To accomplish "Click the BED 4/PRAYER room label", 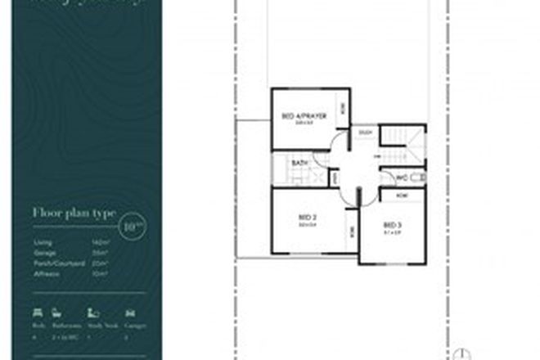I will pos(304,117).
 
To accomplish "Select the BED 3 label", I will pos(393,224).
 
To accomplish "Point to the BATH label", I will pos(299,164).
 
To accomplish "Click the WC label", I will pos(402,177).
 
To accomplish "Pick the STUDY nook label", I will pos(366,132).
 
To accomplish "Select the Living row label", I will pos(43,243).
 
